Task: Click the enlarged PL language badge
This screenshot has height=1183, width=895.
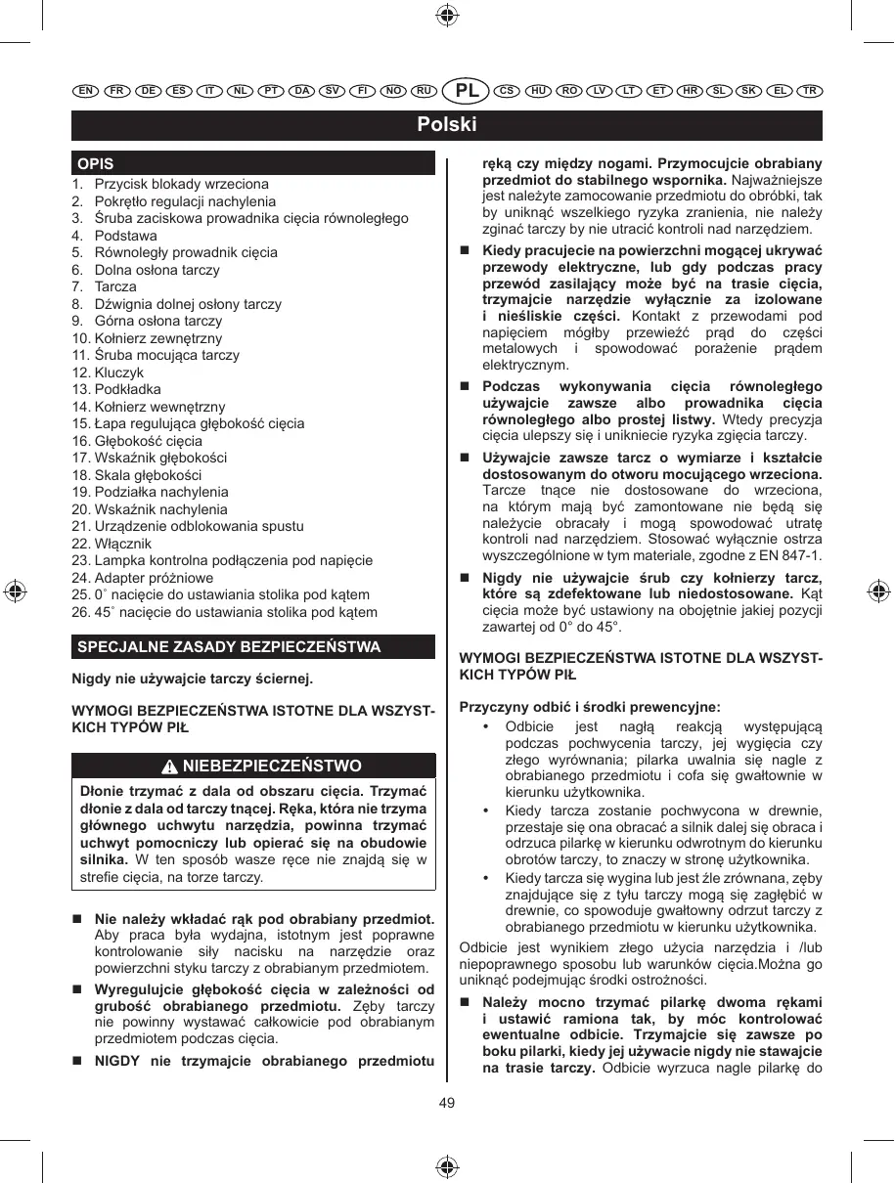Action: coord(468,91)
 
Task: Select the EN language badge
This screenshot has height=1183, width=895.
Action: coord(85,91)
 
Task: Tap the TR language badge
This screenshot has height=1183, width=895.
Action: coord(809,91)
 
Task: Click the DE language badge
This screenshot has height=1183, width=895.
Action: coord(148,91)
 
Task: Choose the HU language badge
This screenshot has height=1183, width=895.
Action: coord(538,91)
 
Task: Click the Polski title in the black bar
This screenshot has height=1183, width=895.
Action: coord(447,125)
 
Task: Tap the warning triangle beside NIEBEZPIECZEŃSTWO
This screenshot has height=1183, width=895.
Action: coord(171,766)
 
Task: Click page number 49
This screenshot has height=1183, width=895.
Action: coord(447,1104)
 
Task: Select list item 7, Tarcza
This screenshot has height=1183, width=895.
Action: coord(114,286)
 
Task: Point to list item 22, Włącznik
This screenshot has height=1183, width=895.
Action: coord(122,544)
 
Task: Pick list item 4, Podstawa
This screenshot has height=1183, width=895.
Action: coord(124,236)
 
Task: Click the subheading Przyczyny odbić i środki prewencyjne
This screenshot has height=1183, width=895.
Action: coord(590,707)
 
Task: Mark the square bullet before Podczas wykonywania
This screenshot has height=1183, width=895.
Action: coord(466,387)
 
